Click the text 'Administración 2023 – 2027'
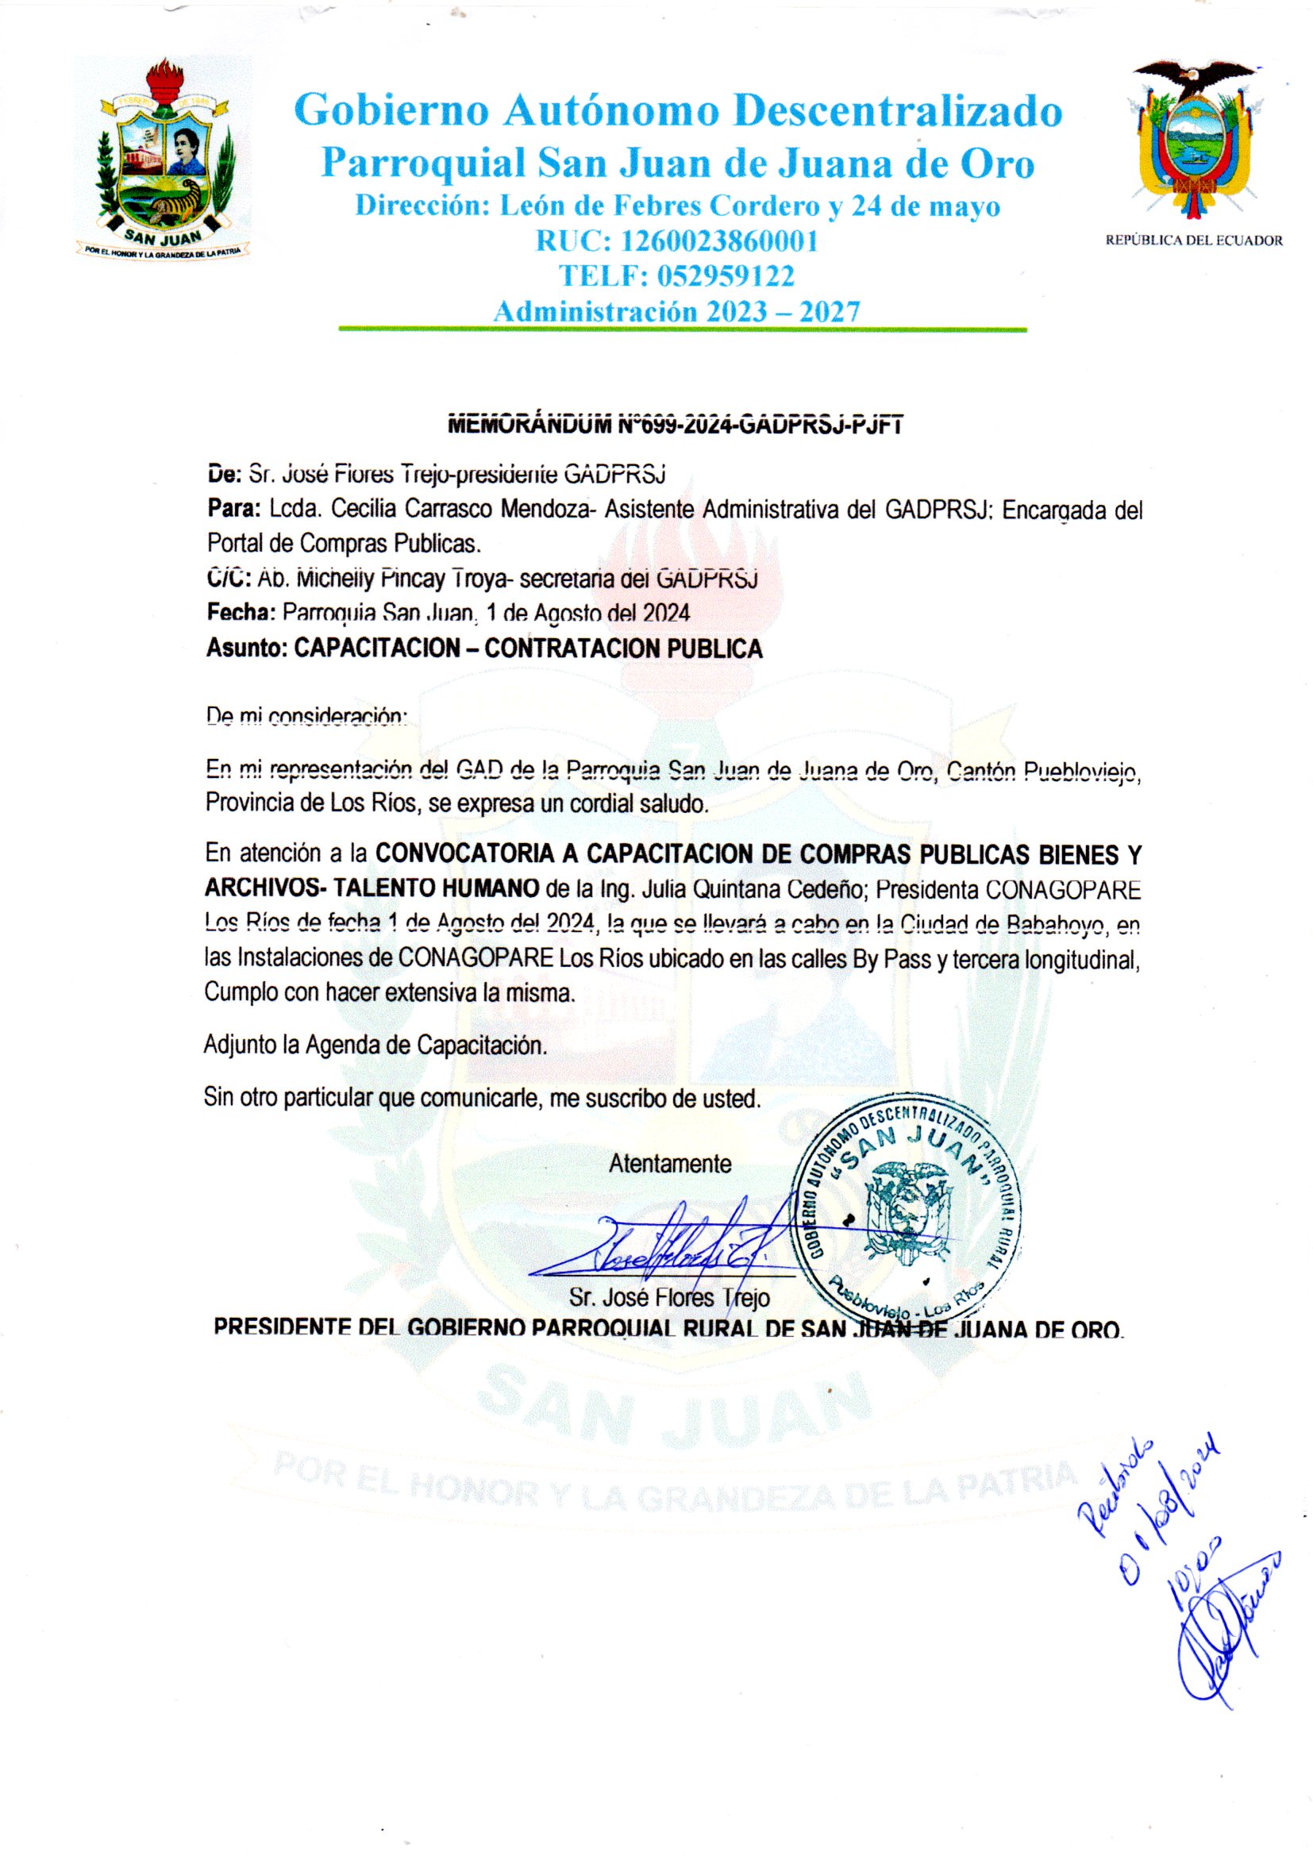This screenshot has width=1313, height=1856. [676, 311]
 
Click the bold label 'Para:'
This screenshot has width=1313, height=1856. [233, 510]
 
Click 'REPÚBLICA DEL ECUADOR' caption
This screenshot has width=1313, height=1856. [1193, 240]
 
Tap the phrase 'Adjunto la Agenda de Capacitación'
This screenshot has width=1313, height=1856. [375, 1045]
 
